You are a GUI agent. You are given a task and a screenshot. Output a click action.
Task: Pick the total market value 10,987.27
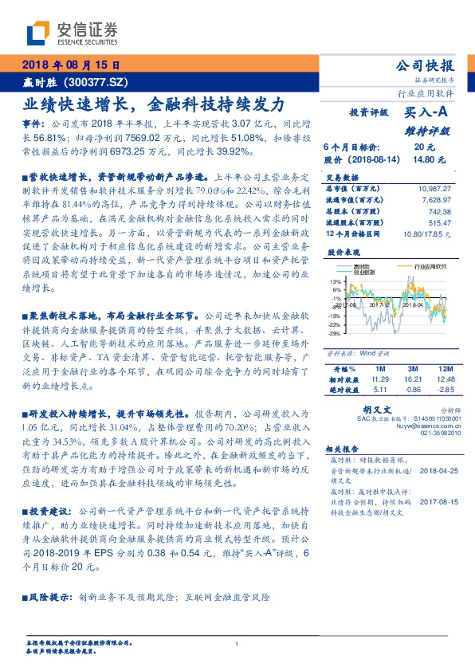(433, 186)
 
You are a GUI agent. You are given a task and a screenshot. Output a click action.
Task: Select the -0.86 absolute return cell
(413, 390)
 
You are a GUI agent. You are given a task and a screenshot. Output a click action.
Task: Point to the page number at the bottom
(237, 644)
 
